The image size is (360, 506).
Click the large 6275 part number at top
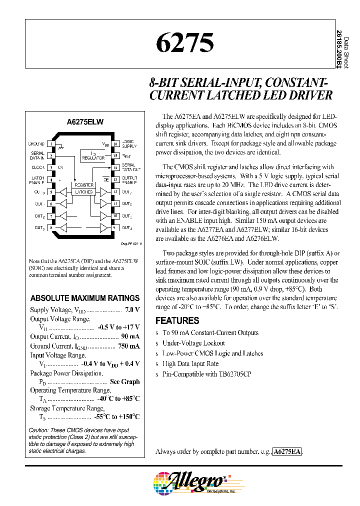tap(184, 43)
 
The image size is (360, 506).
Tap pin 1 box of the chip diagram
tap(51, 143)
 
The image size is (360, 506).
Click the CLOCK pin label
tap(38, 167)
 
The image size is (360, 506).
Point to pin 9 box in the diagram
tap(114, 228)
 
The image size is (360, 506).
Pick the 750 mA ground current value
tap(129, 345)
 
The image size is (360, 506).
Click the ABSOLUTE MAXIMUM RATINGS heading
tap(85, 298)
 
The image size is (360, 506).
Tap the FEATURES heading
tap(177, 320)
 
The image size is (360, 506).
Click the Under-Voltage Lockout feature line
tap(193, 343)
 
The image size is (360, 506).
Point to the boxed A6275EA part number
tap(287, 451)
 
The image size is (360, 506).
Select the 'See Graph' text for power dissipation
tap(124, 381)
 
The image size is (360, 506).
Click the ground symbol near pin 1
tap(61, 146)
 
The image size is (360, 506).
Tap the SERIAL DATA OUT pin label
tap(128, 167)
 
